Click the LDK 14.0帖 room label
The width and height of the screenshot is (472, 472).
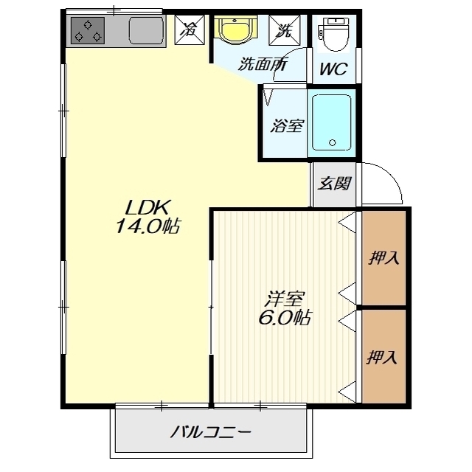(x=148, y=216)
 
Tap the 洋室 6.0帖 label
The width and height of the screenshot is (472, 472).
(x=285, y=308)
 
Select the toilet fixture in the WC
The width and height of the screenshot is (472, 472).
(x=333, y=34)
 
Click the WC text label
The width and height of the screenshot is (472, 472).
(x=334, y=69)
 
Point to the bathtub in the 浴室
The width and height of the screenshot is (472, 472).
(x=331, y=122)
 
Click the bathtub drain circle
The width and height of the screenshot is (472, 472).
(x=333, y=142)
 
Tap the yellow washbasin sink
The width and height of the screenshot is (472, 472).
(x=235, y=31)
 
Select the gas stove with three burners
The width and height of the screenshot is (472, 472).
(x=88, y=30)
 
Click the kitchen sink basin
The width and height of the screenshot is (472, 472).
(x=147, y=30)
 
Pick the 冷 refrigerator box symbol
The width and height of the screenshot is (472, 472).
(x=190, y=30)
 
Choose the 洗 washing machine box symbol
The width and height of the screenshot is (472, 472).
(x=285, y=30)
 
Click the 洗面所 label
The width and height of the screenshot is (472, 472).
(x=263, y=64)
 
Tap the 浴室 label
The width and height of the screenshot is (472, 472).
(x=287, y=125)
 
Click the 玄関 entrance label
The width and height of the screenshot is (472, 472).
(x=335, y=183)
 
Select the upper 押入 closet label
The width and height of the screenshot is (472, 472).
(x=384, y=258)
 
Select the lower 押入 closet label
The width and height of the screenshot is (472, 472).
(x=381, y=357)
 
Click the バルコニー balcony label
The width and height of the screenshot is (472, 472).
(x=211, y=433)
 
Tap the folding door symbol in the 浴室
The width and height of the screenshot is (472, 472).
(x=268, y=97)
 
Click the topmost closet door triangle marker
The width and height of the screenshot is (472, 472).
(x=347, y=223)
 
